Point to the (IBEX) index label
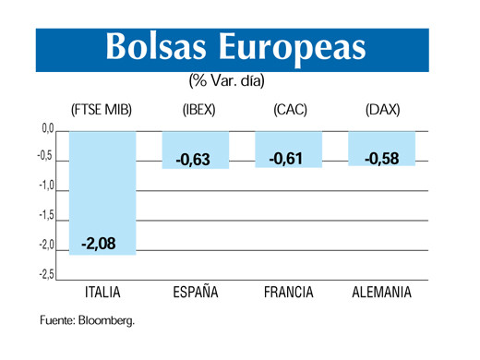pyautogui.click(x=198, y=110)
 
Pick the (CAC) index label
pyautogui.click(x=289, y=110)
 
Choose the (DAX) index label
pyautogui.click(x=381, y=110)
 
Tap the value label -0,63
pyautogui.click(x=194, y=160)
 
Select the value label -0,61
pyautogui.click(x=286, y=159)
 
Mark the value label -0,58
pyautogui.click(x=381, y=159)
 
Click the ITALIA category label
pyautogui.click(x=102, y=294)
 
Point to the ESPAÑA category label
pyautogui.click(x=196, y=294)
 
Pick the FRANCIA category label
pyautogui.click(x=287, y=294)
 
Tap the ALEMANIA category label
pyautogui.click(x=382, y=294)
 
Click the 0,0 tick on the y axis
pyautogui.click(x=48, y=128)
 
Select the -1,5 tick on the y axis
pyautogui.click(x=46, y=216)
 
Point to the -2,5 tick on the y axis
pyautogui.click(x=46, y=273)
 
